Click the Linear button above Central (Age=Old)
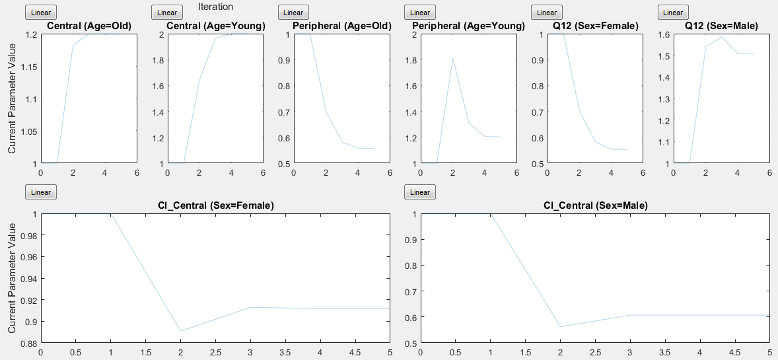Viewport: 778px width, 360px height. [41, 12]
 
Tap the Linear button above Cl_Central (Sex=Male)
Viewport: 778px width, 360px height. [420, 192]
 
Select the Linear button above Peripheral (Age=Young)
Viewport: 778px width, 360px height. [420, 12]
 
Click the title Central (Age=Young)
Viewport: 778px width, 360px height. [216, 26]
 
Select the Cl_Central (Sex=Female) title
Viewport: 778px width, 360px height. [215, 206]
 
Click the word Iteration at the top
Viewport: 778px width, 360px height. [215, 7]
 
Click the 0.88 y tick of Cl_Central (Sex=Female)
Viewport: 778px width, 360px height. [26, 343]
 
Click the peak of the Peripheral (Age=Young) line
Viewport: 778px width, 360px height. [452, 59]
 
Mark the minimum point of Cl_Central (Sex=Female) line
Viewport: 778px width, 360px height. [180, 331]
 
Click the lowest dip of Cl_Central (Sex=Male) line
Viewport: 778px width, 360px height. [561, 327]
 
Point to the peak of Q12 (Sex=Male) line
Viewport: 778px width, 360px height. [722, 37]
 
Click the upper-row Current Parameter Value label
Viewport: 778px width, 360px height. [12, 98]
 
